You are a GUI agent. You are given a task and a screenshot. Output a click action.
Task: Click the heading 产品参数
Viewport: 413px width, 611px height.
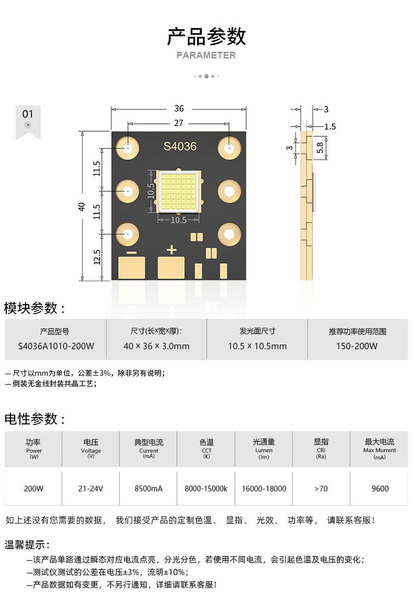pos(206,37)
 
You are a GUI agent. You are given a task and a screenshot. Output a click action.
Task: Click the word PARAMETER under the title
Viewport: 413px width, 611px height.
pos(206,55)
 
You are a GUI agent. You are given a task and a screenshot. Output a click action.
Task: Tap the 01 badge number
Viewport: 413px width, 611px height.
pos(28,114)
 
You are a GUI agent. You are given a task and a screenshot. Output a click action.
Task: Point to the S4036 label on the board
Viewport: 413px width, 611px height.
pos(180,146)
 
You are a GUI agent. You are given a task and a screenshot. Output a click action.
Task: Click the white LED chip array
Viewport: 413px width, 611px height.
pos(178,191)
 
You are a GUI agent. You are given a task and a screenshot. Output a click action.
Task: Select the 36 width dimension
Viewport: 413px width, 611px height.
pos(179,109)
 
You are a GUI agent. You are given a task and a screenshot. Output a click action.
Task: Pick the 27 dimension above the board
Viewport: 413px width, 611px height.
pos(179,123)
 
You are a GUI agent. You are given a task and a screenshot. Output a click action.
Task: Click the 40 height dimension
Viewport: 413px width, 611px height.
pos(82,206)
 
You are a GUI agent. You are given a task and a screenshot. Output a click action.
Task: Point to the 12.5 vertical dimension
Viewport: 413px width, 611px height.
pos(97,257)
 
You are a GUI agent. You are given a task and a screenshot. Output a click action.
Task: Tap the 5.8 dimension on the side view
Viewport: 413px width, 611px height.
pos(320,147)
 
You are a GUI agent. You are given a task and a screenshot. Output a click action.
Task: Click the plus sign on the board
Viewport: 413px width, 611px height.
pos(171,250)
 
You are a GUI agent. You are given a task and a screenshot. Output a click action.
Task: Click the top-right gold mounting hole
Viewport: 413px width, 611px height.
pos(228,148)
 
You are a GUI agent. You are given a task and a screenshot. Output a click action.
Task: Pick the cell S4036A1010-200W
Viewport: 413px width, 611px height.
pos(56,346)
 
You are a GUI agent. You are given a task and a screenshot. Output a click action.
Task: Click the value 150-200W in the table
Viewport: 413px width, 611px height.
pos(358,346)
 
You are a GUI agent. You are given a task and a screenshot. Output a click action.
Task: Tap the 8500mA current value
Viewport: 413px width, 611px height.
pos(148,489)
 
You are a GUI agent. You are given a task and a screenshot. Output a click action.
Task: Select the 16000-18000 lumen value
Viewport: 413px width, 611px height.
pos(264,489)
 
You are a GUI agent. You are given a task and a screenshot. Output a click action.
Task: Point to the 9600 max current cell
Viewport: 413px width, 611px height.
pos(380,489)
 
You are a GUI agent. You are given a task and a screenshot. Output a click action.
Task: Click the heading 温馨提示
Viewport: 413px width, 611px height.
pos(27,545)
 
